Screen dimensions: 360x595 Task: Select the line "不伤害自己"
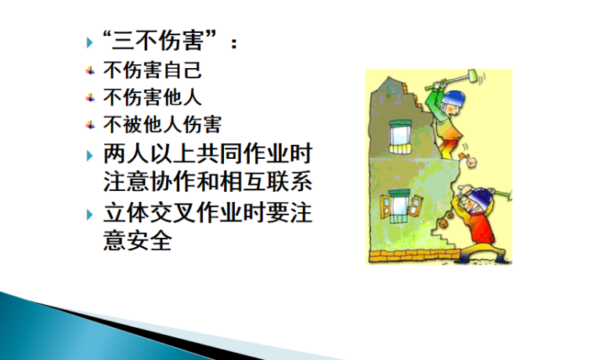click(x=153, y=70)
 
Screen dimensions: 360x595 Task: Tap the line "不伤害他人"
click(x=153, y=97)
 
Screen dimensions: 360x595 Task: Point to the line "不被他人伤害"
click(x=162, y=124)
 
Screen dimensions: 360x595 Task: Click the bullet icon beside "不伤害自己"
click(x=91, y=71)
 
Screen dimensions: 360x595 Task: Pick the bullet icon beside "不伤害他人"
click(x=91, y=98)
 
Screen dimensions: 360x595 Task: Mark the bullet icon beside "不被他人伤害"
click(x=91, y=124)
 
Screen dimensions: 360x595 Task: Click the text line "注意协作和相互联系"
click(x=207, y=182)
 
